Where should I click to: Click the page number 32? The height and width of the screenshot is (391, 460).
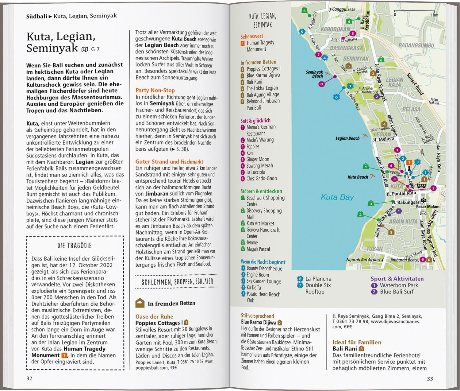click(29, 378)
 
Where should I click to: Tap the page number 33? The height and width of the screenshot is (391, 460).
click(430, 379)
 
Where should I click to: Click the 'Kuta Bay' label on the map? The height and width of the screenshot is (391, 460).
click(337, 197)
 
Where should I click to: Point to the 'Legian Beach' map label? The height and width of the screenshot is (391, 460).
click(347, 138)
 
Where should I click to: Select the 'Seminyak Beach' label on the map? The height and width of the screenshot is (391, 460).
click(315, 74)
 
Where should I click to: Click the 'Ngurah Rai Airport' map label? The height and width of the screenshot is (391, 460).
click(363, 260)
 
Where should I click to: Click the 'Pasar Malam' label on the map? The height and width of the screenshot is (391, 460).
click(427, 207)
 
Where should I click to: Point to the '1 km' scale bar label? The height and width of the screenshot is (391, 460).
click(434, 15)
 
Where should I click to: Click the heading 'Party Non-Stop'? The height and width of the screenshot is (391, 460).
click(155, 90)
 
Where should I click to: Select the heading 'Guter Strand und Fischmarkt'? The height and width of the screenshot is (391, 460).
click(169, 161)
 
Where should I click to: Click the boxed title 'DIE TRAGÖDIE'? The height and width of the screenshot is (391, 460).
click(75, 246)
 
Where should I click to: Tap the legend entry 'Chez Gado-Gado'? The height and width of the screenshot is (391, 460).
click(262, 178)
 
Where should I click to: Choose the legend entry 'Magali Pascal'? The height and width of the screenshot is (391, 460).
click(258, 249)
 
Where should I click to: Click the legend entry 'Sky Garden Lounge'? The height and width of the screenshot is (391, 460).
click(264, 281)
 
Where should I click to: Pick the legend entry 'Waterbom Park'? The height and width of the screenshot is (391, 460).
click(399, 285)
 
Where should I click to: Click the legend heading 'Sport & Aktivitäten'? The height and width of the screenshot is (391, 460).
click(397, 279)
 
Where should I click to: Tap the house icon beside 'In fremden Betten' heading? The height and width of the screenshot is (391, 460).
click(140, 303)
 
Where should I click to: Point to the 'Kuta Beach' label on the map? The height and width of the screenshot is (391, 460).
click(358, 177)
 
